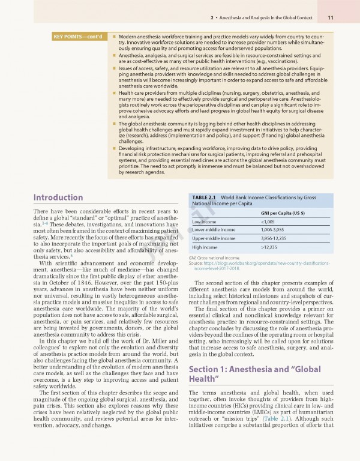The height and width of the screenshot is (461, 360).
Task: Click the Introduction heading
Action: point(58,197)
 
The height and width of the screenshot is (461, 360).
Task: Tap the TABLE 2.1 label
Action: point(204,197)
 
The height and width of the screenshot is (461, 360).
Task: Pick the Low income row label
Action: point(204,222)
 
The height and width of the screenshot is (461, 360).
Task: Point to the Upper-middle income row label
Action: point(214,238)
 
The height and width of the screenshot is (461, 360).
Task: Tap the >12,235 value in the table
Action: point(269,247)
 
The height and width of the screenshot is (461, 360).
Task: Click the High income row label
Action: point(205,247)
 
